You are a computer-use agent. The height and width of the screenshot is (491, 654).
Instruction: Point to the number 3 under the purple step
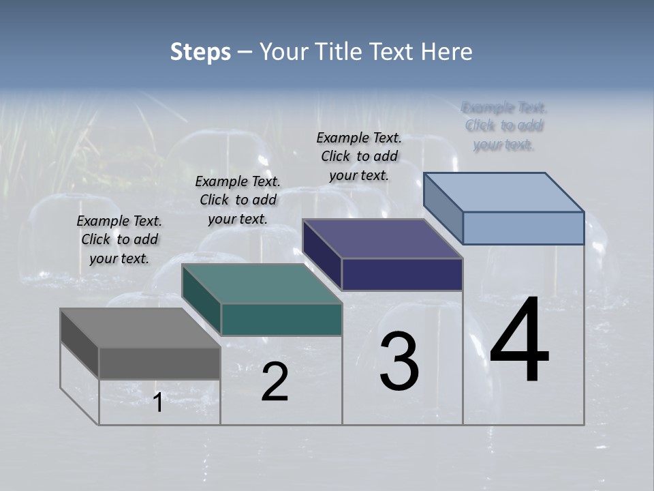(x=399, y=361)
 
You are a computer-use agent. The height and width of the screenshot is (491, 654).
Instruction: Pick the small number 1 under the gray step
(x=157, y=403)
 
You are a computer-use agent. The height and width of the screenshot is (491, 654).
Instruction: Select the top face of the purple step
(x=382, y=239)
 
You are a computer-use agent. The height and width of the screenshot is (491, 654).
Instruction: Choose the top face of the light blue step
(x=503, y=192)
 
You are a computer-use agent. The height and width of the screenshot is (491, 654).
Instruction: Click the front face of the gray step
(x=159, y=363)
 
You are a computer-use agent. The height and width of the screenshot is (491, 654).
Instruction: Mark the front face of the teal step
(x=281, y=319)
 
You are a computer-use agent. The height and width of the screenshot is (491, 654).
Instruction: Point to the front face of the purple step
(x=402, y=274)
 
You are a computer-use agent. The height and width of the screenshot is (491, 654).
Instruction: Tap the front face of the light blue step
(x=523, y=228)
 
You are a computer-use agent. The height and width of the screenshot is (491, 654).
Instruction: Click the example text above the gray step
(x=119, y=239)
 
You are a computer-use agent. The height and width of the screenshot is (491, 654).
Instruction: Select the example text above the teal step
(x=238, y=200)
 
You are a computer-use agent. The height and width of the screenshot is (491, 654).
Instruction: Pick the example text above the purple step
(x=359, y=156)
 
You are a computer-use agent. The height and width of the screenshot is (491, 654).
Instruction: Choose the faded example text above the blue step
(x=504, y=126)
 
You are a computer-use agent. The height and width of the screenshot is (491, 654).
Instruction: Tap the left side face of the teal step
(x=202, y=300)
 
